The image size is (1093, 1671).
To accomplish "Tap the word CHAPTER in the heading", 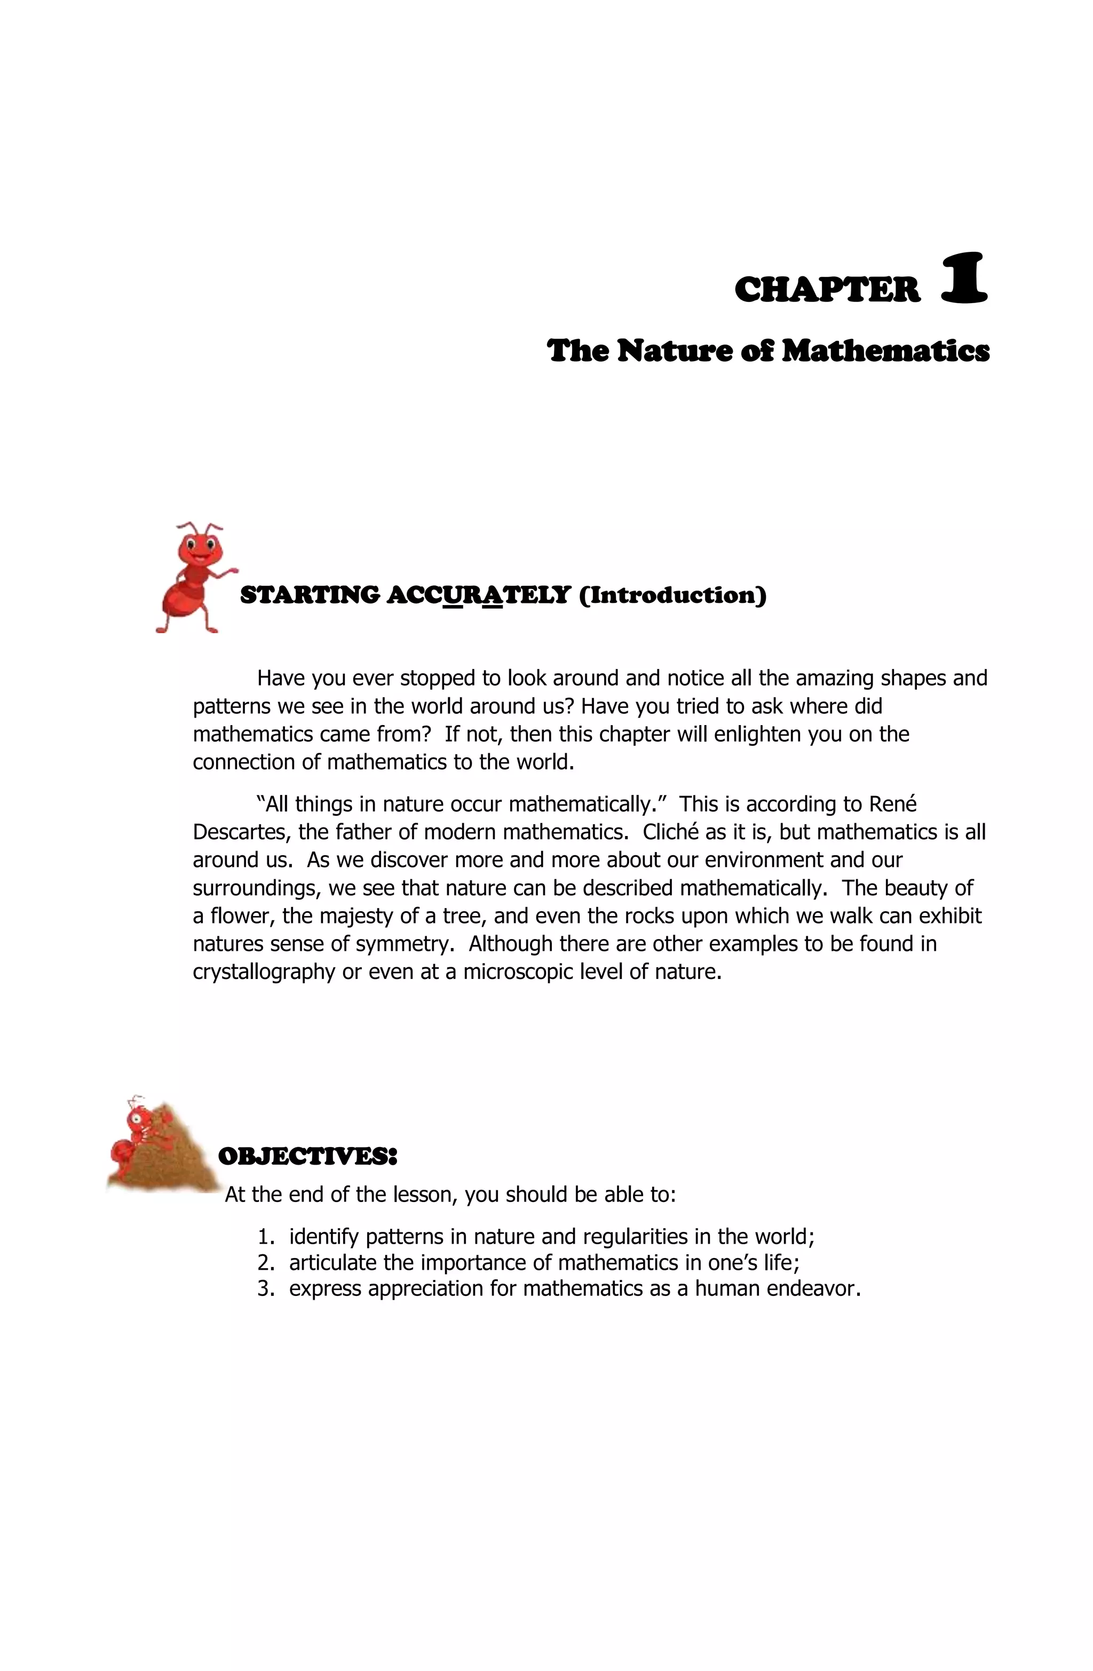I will [827, 290].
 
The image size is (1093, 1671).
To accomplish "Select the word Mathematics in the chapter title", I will [885, 351].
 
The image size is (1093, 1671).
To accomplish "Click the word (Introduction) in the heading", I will [672, 595].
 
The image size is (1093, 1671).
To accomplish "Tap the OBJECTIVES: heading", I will [307, 1156].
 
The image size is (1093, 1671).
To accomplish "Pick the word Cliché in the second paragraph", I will [670, 832].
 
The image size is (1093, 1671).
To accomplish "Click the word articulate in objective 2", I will [333, 1262].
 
